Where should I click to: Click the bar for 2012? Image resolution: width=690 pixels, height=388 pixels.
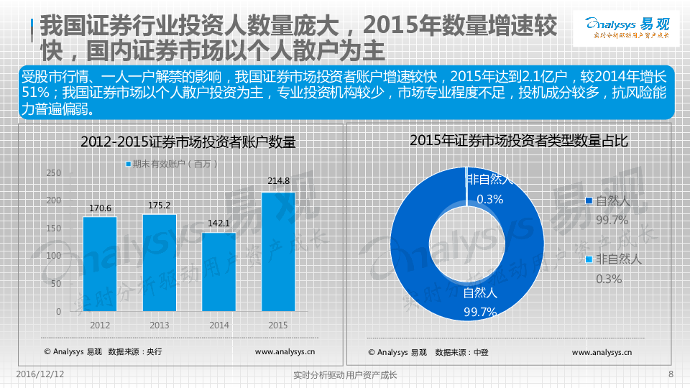pos(100,264)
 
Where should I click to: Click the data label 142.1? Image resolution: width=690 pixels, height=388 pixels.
pos(218,223)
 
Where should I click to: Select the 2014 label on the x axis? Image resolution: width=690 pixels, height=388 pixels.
pos(218,325)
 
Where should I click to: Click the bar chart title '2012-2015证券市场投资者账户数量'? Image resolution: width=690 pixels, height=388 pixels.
pos(188,142)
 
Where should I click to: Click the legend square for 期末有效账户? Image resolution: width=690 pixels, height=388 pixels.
pos(129,164)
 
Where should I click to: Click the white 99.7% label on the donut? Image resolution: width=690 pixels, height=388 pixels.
pos(480,311)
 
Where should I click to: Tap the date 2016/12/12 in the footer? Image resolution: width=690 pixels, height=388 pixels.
pos(40,374)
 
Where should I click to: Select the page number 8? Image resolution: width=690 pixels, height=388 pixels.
pos(670,374)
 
